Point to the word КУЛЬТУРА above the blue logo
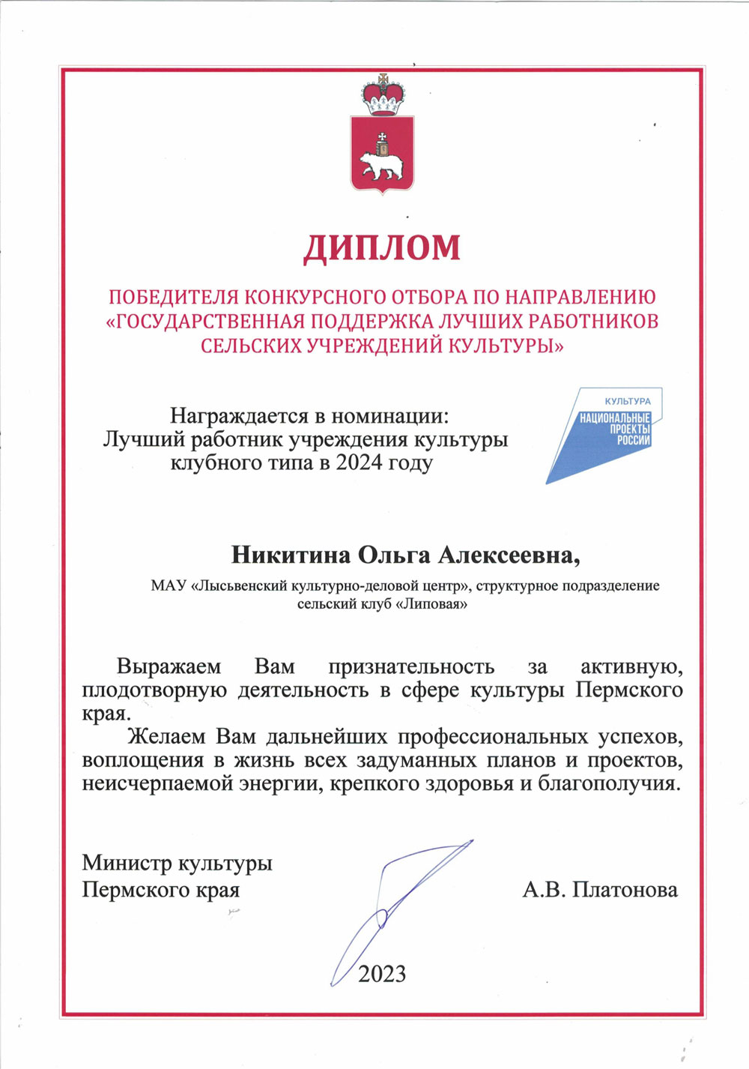[628, 401]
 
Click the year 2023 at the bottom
[382, 974]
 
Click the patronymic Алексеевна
[509, 555]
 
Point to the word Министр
[127, 863]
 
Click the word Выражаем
[169, 666]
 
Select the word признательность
[411, 666]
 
